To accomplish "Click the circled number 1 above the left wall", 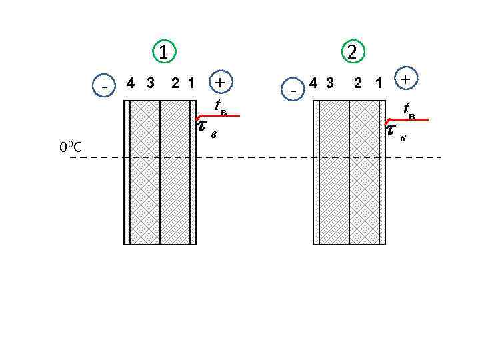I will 163,51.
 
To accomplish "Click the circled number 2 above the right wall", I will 352,51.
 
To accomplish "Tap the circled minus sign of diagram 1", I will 105,85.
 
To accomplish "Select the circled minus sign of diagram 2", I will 293,88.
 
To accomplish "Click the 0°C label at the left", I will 71,147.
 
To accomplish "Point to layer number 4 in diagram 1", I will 131,83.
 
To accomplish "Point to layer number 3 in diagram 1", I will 151,83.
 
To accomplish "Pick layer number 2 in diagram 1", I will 175,83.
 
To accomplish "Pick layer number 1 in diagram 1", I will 191,83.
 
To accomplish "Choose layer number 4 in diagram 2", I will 313,83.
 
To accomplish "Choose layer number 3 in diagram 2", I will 329,83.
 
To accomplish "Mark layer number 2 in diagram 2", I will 359,83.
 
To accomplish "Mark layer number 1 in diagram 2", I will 378,83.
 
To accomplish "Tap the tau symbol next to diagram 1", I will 203,127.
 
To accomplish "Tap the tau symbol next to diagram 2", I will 392,129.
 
